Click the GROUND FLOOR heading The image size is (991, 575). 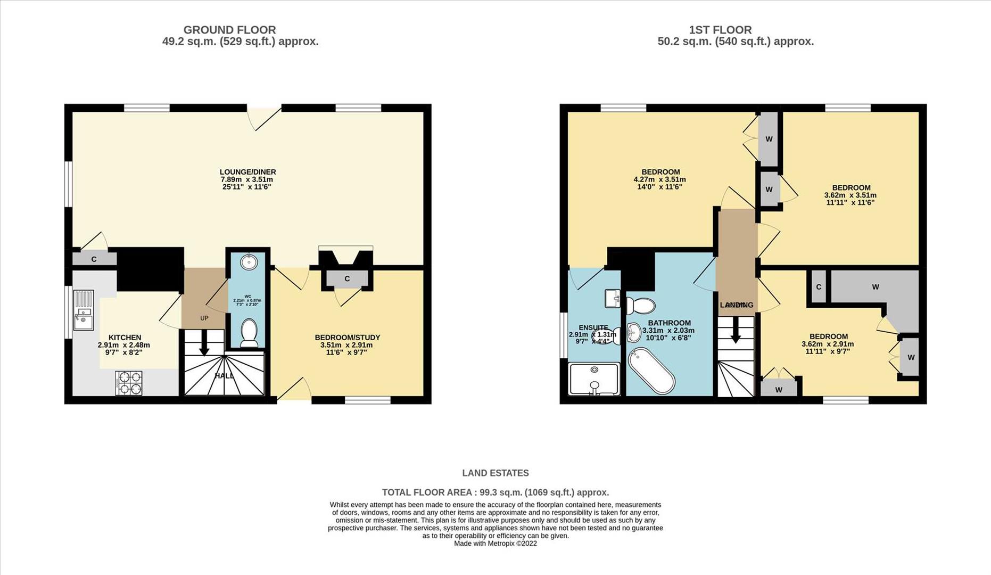click(x=229, y=30)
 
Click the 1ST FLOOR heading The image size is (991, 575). click(x=720, y=30)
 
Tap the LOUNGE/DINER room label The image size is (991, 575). click(x=247, y=172)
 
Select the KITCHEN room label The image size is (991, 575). click(x=125, y=338)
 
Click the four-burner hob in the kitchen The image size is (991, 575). click(x=129, y=383)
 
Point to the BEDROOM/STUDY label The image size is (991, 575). click(x=347, y=338)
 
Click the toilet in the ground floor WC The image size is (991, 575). click(x=249, y=332)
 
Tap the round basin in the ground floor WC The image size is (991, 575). click(x=248, y=262)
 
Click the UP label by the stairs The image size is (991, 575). click(x=204, y=318)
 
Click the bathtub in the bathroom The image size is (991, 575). click(x=651, y=371)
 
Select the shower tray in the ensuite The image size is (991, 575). click(x=594, y=379)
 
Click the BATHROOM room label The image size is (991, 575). click(x=669, y=323)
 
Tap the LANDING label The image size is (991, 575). click(x=737, y=305)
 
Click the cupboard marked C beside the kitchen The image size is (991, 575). click(x=94, y=259)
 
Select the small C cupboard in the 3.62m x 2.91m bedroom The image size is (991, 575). click(x=818, y=287)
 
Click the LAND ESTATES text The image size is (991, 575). click(x=495, y=473)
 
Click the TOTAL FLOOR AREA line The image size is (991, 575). click(x=495, y=492)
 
